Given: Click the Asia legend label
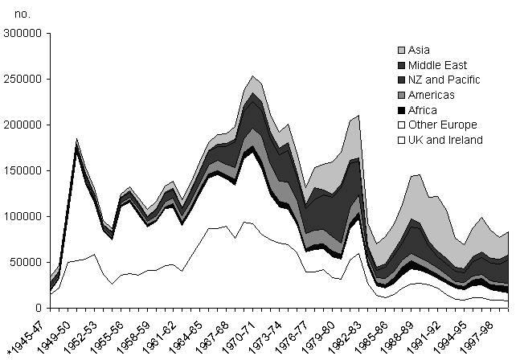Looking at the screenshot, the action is pyautogui.click(x=419, y=50).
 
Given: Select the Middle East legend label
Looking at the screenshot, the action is pyautogui.click(x=437, y=65).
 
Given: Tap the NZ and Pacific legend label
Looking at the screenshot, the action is pyautogui.click(x=444, y=80).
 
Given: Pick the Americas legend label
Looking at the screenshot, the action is pyautogui.click(x=431, y=95).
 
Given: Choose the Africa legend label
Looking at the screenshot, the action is pyautogui.click(x=423, y=110).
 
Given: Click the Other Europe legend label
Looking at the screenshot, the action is pyautogui.click(x=443, y=125).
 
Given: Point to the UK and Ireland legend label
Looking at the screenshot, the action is pyautogui.click(x=445, y=140).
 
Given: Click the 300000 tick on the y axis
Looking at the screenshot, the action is pyautogui.click(x=23, y=33).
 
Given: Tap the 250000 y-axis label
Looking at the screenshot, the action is pyautogui.click(x=23, y=79).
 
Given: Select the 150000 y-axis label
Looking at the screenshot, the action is pyautogui.click(x=23, y=170).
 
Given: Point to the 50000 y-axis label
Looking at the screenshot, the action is pyautogui.click(x=26, y=262).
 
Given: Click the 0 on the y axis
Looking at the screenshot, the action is pyautogui.click(x=39, y=308).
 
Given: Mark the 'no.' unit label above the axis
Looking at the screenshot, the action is pyautogui.click(x=23, y=14).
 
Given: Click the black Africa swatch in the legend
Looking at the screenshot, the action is pyautogui.click(x=401, y=110).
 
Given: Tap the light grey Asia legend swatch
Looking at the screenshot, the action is pyautogui.click(x=401, y=51).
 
